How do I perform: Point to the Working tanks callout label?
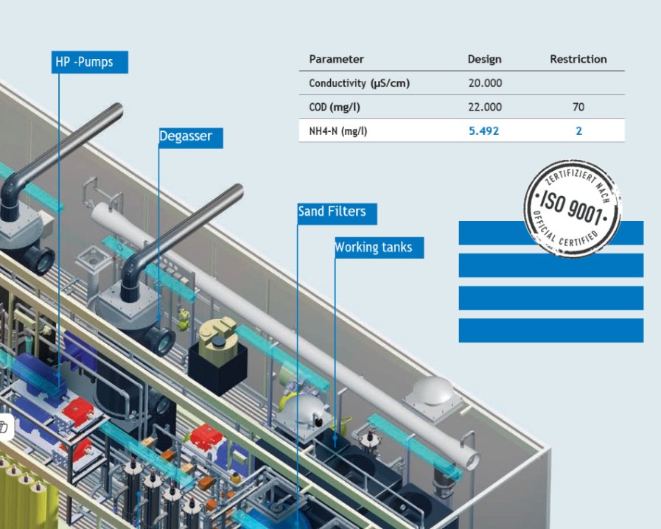coord(379,248)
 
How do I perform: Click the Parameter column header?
coord(336,60)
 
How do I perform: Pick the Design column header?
coord(484,60)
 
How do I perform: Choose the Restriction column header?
coord(578,60)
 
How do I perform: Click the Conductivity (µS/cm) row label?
coord(359,83)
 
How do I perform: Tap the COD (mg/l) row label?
coord(335,108)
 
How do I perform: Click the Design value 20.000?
coord(485,83)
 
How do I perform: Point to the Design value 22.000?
coord(485,108)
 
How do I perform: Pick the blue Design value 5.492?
coord(485,131)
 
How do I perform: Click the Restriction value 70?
coord(578,108)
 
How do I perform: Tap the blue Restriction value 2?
coord(578,131)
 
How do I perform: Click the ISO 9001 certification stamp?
coord(572,208)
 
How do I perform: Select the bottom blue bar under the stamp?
coord(550,330)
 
